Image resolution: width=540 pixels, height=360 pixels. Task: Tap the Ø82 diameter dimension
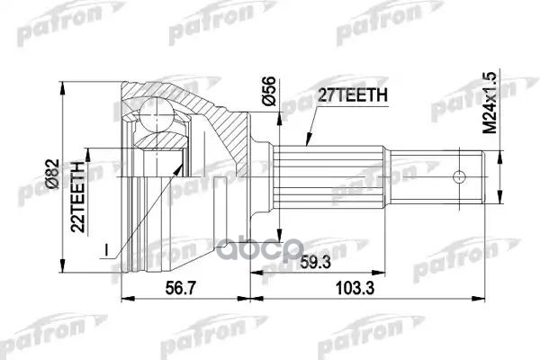(x=55, y=172)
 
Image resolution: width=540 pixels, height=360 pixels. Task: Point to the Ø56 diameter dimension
(x=269, y=91)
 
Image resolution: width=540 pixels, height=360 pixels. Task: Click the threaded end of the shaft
(x=471, y=176)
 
